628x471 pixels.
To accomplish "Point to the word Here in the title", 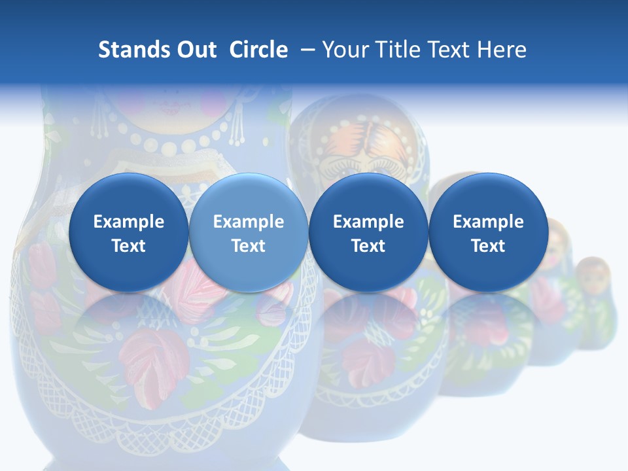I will click(502, 50).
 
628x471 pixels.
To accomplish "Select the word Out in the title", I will click(195, 50).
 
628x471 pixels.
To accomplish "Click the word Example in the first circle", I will click(128, 222).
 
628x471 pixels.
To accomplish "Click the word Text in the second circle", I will click(249, 246).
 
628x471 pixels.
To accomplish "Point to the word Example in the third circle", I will click(368, 222).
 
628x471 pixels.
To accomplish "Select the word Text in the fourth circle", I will click(488, 246).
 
